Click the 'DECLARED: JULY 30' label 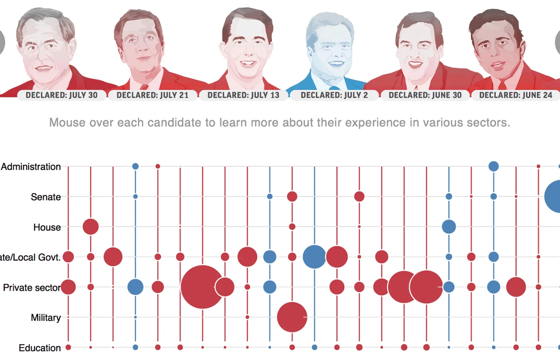(x=61, y=95)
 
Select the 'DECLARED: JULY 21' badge (x=152, y=95)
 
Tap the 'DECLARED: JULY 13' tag (x=243, y=95)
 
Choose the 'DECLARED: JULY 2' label (x=334, y=95)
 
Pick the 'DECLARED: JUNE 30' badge (x=425, y=95)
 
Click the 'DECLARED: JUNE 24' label (x=516, y=95)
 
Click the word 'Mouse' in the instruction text (x=65, y=122)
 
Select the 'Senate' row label (x=46, y=197)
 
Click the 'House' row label (x=47, y=227)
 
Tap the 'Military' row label (x=46, y=318)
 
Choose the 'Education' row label (x=40, y=348)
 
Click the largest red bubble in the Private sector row (x=202, y=287)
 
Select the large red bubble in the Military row (x=292, y=317)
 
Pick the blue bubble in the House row (x=448, y=227)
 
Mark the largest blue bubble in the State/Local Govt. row (x=314, y=257)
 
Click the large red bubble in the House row (x=90, y=227)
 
